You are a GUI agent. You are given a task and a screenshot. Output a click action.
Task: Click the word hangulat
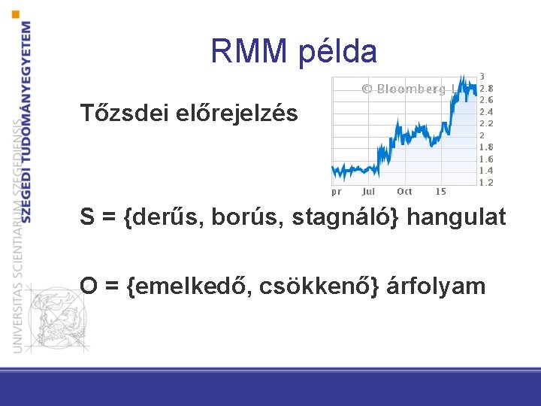460,217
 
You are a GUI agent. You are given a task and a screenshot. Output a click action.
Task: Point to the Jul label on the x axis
369,192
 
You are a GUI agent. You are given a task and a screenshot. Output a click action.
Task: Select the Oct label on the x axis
404,192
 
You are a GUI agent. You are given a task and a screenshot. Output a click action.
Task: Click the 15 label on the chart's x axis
440,192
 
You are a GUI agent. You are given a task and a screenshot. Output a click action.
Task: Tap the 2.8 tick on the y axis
486,88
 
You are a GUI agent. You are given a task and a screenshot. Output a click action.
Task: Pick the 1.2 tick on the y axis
486,183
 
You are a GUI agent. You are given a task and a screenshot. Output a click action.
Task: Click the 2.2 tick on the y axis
486,123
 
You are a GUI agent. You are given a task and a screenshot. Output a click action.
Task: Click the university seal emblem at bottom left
53,317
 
